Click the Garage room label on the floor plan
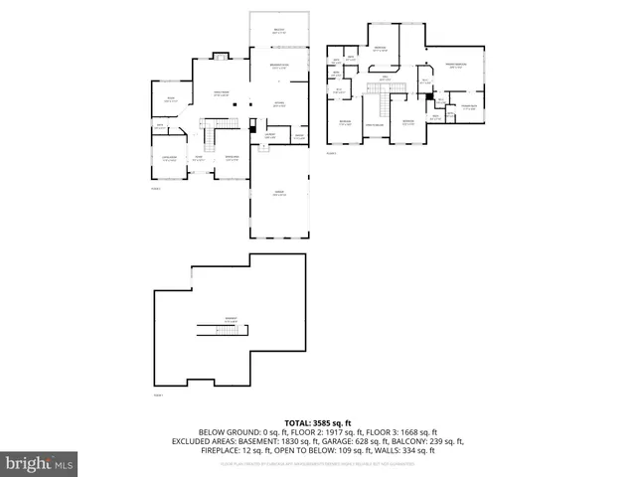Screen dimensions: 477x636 (278, 194)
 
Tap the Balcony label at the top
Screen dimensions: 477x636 (278, 31)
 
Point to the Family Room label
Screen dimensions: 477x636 (222, 93)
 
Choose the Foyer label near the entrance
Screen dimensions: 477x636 (199, 158)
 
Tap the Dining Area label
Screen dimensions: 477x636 (232, 158)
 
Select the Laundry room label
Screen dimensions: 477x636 (269, 136)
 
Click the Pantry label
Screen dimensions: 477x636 (298, 137)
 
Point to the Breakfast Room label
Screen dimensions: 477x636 (278, 67)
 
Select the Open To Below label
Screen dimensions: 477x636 (375, 124)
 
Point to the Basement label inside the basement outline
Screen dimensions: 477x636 (230, 320)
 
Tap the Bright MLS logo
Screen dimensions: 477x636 (40, 463)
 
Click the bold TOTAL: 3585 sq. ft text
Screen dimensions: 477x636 (318, 422)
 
